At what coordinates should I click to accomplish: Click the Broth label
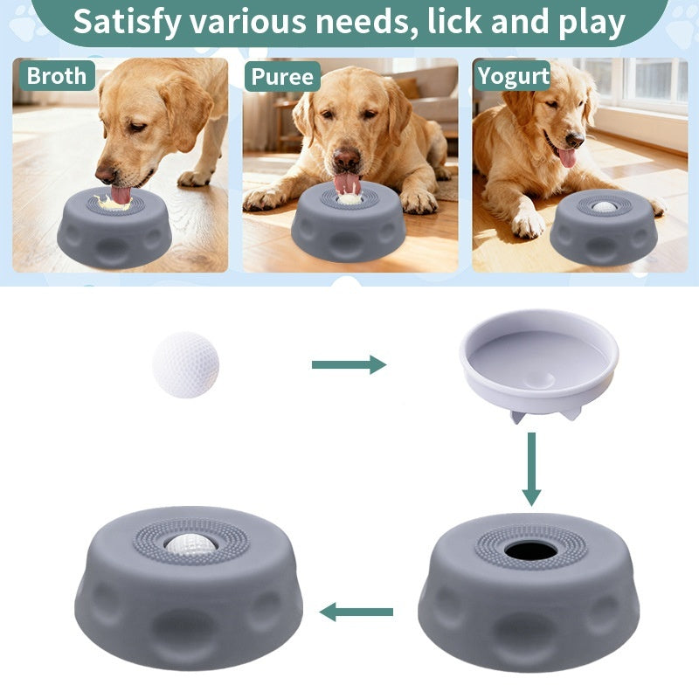point(57,75)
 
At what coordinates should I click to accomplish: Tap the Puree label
point(282,76)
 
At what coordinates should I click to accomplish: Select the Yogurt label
point(513,76)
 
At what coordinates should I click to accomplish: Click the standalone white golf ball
point(185,364)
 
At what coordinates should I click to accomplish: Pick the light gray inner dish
point(539,364)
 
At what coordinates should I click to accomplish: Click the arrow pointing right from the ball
point(349,364)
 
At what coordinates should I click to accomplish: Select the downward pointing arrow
point(531,469)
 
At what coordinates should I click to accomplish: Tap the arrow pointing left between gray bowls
point(356,612)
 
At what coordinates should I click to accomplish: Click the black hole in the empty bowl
point(531,550)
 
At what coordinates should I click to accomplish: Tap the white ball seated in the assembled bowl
point(190,543)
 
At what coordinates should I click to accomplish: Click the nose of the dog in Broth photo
point(106,174)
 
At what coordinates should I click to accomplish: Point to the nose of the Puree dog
point(347,159)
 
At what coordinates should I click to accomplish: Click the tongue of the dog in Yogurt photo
point(567,157)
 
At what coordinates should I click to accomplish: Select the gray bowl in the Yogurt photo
point(604,227)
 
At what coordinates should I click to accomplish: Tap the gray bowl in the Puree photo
point(348,222)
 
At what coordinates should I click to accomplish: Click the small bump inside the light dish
point(539,380)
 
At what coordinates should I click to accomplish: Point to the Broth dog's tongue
point(121,195)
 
